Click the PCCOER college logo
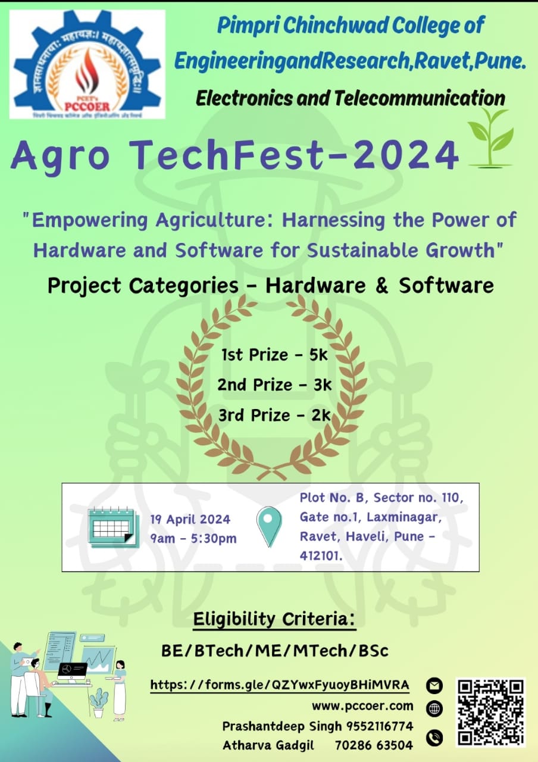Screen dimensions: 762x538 [87, 64]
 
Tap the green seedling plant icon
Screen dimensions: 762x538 [490, 138]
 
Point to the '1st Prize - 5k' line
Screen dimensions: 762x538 [274, 355]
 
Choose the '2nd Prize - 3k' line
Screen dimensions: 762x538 [274, 385]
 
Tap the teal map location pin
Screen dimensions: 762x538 [268, 526]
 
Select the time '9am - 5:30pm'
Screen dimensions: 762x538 [193, 539]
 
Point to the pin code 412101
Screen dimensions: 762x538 [321, 555]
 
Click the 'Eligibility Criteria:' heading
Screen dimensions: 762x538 [274, 619]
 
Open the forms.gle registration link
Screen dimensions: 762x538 [280, 685]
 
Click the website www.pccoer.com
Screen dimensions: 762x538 [362, 706]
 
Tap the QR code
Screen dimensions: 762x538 [491, 712]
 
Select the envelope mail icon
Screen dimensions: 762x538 [435, 686]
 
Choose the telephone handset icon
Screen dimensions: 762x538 [435, 738]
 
